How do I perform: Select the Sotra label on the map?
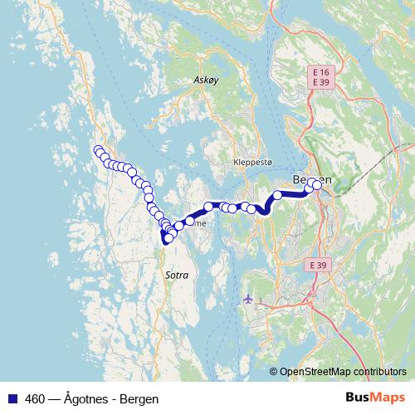(177, 275)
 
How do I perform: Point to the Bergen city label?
(312, 181)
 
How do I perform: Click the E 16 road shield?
(319, 72)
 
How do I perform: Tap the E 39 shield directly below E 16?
(319, 83)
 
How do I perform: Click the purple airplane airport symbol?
(249, 298)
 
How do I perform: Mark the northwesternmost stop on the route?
(98, 150)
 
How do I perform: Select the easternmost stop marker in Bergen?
(316, 185)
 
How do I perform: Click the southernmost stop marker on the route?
(168, 239)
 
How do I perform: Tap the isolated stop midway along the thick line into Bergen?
(277, 196)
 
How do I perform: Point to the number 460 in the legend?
(34, 398)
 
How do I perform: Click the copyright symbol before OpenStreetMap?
(273, 372)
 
